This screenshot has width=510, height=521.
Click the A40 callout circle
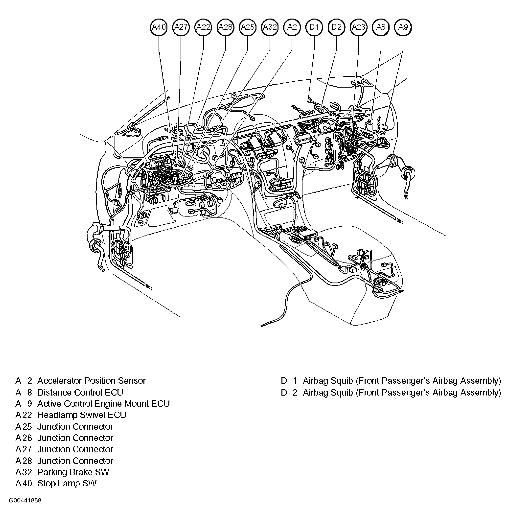point(159,27)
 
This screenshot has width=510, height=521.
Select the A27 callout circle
point(181,27)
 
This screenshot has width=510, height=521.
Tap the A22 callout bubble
point(203,27)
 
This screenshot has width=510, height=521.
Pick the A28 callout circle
point(226,27)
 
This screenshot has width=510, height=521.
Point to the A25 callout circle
point(248,27)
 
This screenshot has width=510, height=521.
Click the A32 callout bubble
point(270,27)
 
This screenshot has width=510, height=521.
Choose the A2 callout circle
point(292,27)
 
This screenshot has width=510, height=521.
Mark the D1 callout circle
point(314,27)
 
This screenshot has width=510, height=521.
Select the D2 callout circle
point(336,27)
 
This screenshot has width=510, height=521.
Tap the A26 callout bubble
point(359,27)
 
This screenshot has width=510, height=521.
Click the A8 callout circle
point(381,27)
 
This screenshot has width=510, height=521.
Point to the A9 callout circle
point(403,27)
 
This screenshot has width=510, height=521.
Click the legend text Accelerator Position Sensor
point(91,381)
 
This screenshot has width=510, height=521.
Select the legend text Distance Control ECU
point(80,392)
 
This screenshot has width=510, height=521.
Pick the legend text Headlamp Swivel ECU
point(81,415)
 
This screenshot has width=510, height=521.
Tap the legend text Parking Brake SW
point(73,472)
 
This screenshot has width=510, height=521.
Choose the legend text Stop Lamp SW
point(67,483)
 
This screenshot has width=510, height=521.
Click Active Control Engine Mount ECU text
point(103,404)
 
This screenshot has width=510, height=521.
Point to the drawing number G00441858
point(25,501)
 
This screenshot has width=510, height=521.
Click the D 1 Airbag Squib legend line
point(391,381)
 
